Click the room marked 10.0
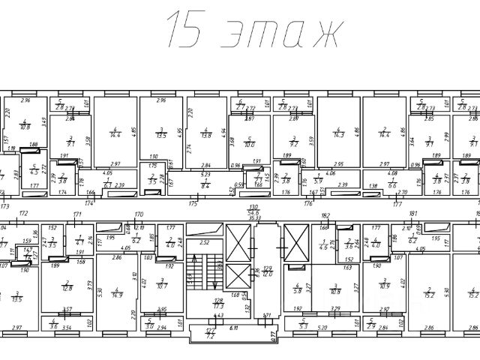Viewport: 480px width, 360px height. pos(250,143)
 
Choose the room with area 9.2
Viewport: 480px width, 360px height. pos(294,142)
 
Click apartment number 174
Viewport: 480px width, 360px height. pos(90,202)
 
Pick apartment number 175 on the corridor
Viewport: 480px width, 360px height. pos(193,202)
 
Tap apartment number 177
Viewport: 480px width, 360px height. pos(397,202)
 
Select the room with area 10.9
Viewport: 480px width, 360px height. pos(385,286)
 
